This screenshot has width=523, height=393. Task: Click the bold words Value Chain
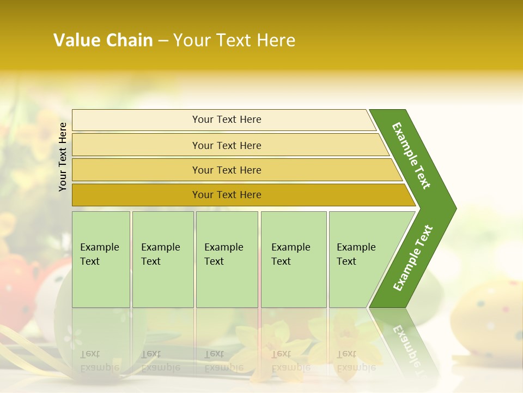(103, 40)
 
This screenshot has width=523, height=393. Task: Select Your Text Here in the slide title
(234, 40)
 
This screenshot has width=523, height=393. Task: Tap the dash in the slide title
(163, 41)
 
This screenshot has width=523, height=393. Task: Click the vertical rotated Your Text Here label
(63, 157)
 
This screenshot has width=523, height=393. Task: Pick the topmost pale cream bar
(227, 120)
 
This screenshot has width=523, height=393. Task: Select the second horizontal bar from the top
(227, 145)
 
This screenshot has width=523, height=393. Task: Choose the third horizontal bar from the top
(227, 170)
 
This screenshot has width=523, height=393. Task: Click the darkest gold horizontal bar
(227, 195)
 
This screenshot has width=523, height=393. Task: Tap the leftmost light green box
(101, 259)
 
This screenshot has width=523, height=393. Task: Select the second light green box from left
(162, 259)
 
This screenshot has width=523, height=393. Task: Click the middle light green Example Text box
(227, 259)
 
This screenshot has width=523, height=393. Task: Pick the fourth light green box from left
(293, 259)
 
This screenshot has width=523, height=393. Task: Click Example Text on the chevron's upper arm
(411, 156)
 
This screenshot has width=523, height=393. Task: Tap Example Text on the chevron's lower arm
(413, 258)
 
